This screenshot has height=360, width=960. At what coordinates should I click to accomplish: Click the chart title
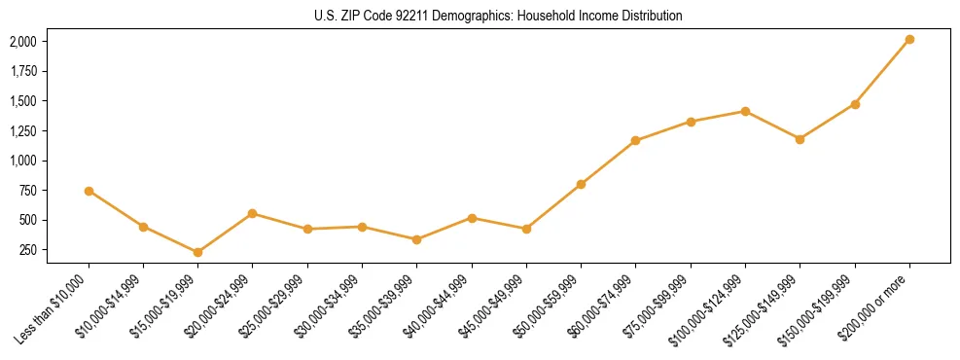coord(498,17)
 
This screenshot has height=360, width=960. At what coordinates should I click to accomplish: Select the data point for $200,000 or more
coord(909,39)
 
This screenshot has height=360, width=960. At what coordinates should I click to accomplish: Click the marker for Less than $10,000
coord(89,191)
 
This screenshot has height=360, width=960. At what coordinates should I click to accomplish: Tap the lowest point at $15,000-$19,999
coord(197,252)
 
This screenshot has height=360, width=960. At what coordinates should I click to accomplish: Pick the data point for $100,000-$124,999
coord(745,111)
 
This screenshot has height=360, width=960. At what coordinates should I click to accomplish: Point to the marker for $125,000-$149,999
coord(800,139)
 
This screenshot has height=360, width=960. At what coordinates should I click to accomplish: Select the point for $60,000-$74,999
coord(635,140)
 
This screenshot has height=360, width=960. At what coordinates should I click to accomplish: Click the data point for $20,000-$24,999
coord(253,213)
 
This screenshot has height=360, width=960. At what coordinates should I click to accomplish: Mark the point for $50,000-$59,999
coord(581,184)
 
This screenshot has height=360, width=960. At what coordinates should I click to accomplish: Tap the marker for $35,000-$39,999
coord(416,239)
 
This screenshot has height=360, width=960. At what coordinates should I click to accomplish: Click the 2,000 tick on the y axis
coord(22,42)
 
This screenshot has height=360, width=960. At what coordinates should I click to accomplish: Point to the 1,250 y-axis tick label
coord(22,131)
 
